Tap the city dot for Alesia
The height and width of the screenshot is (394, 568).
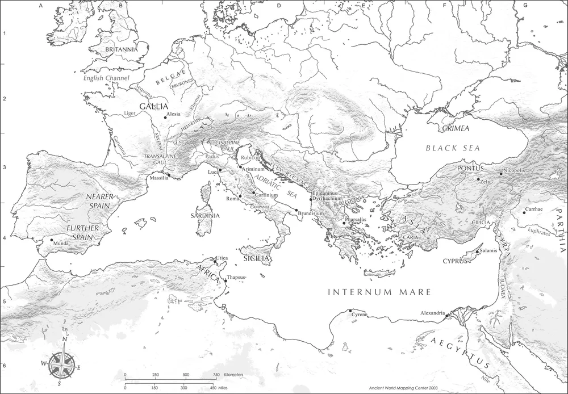165,118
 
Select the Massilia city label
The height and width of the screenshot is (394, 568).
158,179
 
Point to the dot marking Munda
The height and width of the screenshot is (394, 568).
52,240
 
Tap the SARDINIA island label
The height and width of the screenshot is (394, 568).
205,216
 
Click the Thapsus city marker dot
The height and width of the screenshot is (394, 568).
225,280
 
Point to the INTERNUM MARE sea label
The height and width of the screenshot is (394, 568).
380,293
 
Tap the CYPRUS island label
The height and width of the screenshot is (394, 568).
455,261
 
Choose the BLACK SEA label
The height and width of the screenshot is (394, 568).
453,148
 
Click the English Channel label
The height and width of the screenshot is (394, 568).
106,78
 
